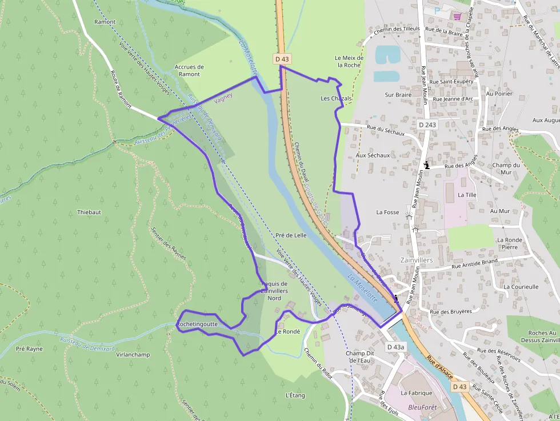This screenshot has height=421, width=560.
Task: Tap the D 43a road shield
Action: (395, 347)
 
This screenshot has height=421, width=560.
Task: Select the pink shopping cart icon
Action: (457, 16)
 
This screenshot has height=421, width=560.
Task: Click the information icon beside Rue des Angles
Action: (426, 166)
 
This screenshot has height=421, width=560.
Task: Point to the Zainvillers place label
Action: (417, 260)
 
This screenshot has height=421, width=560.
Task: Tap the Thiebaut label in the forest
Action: (89, 212)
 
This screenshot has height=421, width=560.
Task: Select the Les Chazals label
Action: (336, 98)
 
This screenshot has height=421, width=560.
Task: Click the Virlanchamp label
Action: (133, 354)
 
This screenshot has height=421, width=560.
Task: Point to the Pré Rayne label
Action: (29, 348)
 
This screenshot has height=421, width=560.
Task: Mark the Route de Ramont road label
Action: (118, 89)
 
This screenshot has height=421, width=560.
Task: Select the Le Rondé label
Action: (287, 331)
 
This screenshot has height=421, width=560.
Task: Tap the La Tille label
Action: (467, 195)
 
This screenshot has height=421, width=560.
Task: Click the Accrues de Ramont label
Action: (189, 70)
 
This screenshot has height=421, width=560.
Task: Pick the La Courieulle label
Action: (521, 287)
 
